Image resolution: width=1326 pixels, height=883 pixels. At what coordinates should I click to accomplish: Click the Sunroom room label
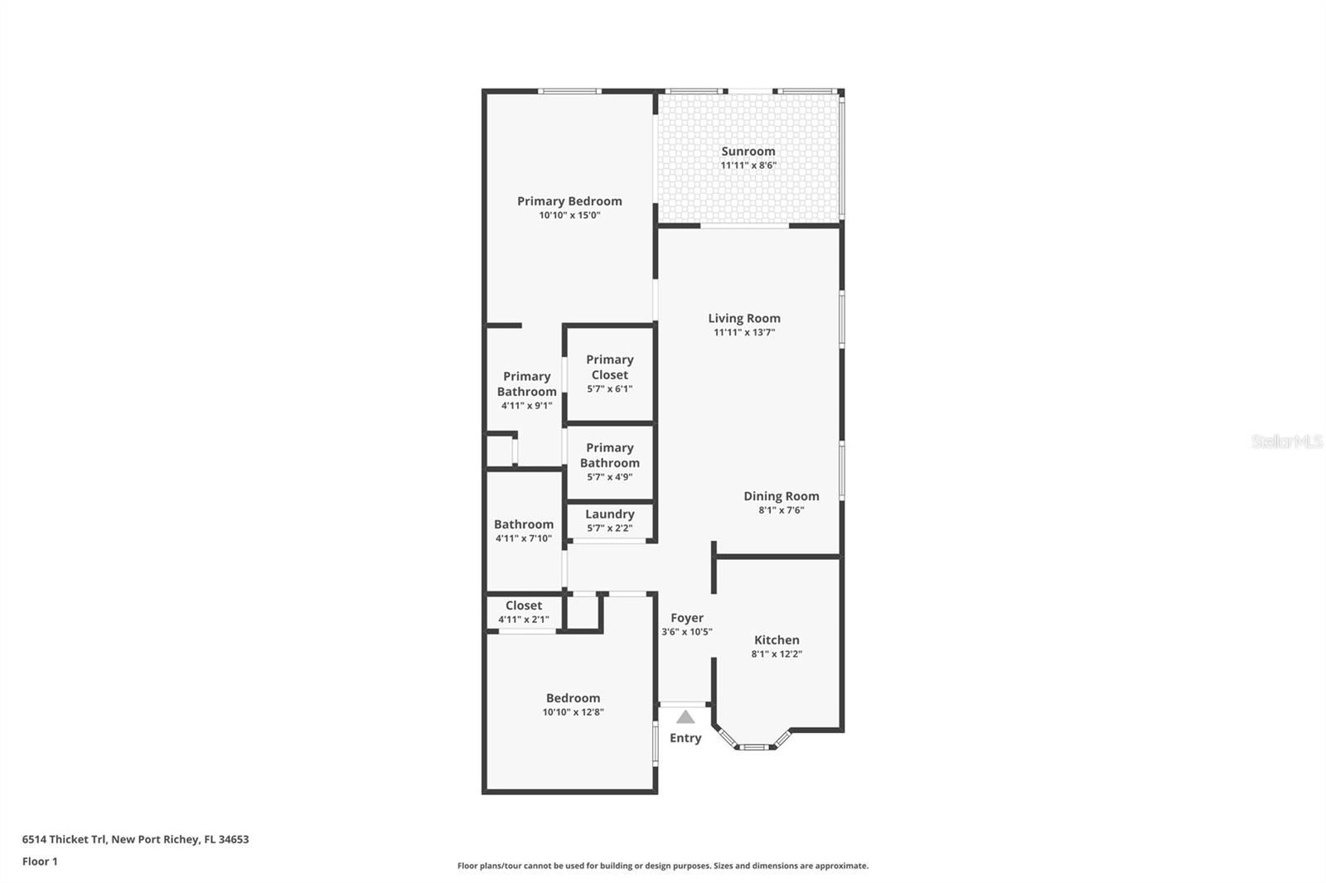tap(748, 152)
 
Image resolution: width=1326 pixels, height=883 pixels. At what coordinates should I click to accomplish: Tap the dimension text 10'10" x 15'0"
tap(569, 215)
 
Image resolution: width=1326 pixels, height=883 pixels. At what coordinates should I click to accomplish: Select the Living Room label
tap(744, 318)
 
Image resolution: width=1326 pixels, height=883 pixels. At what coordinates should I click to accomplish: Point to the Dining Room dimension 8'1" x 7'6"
tap(782, 510)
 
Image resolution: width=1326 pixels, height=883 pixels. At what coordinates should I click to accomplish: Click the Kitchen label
tap(777, 639)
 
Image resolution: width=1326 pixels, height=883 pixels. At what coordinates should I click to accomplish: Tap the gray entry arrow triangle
tap(685, 717)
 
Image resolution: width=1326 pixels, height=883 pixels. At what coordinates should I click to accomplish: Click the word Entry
tap(685, 738)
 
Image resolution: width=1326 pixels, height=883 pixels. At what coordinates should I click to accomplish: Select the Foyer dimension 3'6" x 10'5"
tap(687, 631)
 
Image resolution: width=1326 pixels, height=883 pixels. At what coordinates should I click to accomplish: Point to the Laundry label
tap(610, 514)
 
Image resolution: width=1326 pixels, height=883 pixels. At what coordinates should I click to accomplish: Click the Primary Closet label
tap(610, 367)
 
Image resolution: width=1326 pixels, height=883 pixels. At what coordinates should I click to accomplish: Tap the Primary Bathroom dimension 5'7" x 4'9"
tap(610, 477)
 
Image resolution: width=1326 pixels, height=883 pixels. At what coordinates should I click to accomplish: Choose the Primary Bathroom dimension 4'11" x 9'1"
tap(527, 405)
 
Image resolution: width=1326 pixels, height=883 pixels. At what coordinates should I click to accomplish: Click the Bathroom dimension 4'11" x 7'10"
tap(524, 538)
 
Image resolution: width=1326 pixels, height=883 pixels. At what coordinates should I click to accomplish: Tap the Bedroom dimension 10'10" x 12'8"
tap(573, 712)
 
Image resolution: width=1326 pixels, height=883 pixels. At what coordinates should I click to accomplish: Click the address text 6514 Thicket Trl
tap(65, 839)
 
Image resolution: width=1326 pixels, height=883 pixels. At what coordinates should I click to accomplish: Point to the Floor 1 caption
tap(40, 861)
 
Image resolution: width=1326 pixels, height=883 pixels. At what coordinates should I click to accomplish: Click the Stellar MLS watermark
tap(1287, 441)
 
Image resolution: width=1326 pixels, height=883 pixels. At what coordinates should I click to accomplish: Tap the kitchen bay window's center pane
tap(754, 747)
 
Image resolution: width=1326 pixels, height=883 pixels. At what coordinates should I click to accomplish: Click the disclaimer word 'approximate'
tap(842, 866)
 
